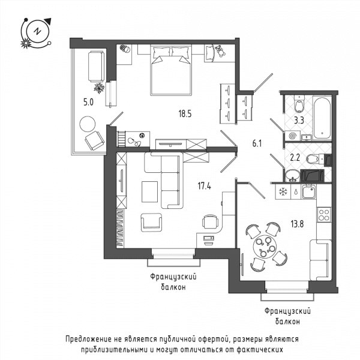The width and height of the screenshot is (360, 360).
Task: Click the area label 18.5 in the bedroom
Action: [x=185, y=113]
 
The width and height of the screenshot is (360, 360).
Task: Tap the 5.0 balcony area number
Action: [x=88, y=102]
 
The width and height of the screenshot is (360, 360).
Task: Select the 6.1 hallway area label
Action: [x=257, y=143]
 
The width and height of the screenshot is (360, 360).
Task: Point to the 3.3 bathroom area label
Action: [x=299, y=120]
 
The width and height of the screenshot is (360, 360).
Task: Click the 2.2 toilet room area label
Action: [x=295, y=157]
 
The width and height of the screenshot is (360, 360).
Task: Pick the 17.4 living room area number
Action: [x=205, y=186]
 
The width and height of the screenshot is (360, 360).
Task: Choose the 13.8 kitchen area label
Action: [x=297, y=224]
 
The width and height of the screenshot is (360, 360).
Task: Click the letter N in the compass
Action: [x=37, y=31]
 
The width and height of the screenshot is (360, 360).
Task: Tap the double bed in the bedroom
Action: [x=171, y=70]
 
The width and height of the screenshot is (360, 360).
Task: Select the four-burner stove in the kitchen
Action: [x=324, y=215]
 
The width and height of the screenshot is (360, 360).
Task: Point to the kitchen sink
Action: [x=308, y=192]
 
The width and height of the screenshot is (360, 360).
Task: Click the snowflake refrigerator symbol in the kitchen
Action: [x=283, y=192]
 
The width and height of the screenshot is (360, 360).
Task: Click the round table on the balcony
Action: [x=88, y=124]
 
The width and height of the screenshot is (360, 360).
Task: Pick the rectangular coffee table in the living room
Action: [x=149, y=192]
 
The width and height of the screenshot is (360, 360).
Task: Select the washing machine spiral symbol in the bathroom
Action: [x=293, y=136]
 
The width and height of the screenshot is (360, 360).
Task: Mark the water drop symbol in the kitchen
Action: [x=296, y=192]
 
